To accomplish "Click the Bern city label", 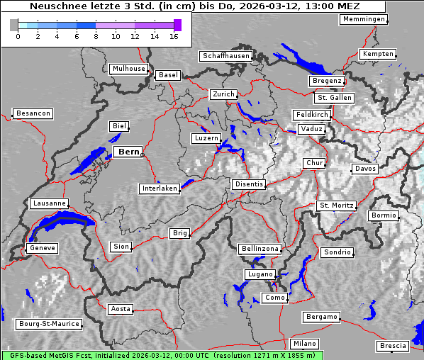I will click(128, 152).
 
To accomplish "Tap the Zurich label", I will click(223, 94).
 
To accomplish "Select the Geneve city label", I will click(42, 248).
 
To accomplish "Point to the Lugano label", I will click(259, 274).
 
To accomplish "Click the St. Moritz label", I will click(336, 206).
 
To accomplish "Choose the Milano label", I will click(305, 344).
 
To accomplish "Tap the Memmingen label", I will click(364, 19).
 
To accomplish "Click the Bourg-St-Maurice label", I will click(48, 324).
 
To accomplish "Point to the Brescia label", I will click(393, 346).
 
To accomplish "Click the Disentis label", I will click(249, 184).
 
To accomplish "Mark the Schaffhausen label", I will click(225, 55).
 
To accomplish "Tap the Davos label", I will click(365, 169).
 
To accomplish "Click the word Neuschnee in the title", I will click(54, 6).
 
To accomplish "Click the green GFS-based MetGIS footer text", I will click(162, 354).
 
